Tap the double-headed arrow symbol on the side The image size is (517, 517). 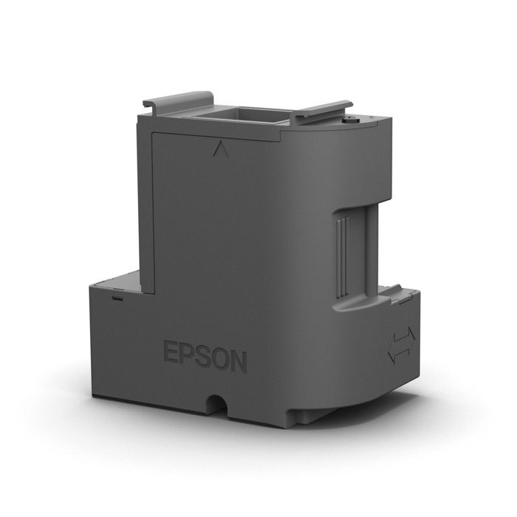coord(401,344)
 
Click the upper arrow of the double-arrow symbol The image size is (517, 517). coord(403,336)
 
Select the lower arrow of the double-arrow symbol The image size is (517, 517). coord(399,352)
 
